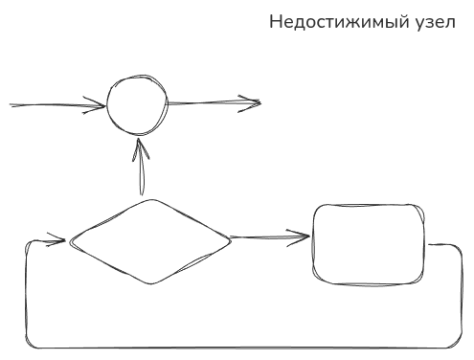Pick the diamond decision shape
click(x=150, y=241)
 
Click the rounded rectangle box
click(x=368, y=241)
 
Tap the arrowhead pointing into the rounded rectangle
click(x=305, y=236)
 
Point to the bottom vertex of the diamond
click(x=150, y=283)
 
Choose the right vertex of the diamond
click(x=231, y=239)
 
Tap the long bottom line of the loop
click(x=239, y=347)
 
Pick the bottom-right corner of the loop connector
click(x=458, y=342)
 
